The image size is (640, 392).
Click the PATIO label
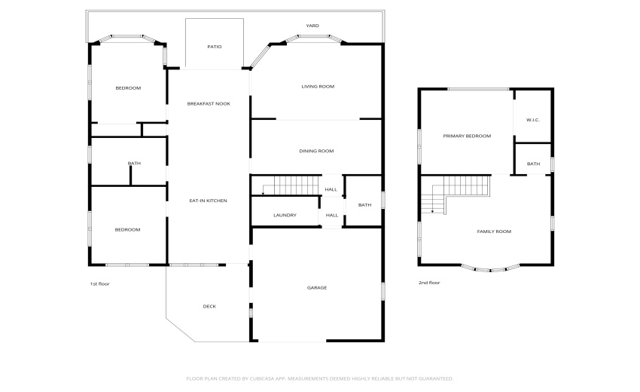pos(215,47)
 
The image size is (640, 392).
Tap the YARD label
pos(312,26)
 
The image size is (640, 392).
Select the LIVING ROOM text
pos(318,86)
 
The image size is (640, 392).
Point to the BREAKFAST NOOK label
pos(209,104)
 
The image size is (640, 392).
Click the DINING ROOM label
pos(316,151)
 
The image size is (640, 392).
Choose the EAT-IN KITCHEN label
pos(208,201)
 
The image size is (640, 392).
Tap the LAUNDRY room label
pos(285,215)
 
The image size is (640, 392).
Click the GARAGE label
pos(317,288)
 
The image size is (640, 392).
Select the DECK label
pos(209,306)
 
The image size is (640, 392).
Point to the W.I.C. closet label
pos(533,120)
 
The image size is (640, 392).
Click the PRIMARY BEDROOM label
pos(467,136)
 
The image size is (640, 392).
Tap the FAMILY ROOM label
pos(494,231)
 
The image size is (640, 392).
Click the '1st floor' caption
pos(99,283)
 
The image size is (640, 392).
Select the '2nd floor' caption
pos(429,283)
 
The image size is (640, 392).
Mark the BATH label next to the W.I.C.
pos(533,164)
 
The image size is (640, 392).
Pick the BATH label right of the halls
pos(364,205)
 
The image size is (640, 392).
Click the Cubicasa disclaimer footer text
pos(319,378)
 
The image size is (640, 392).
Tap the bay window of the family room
pos(490,269)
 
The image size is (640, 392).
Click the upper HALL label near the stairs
pos(331,189)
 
